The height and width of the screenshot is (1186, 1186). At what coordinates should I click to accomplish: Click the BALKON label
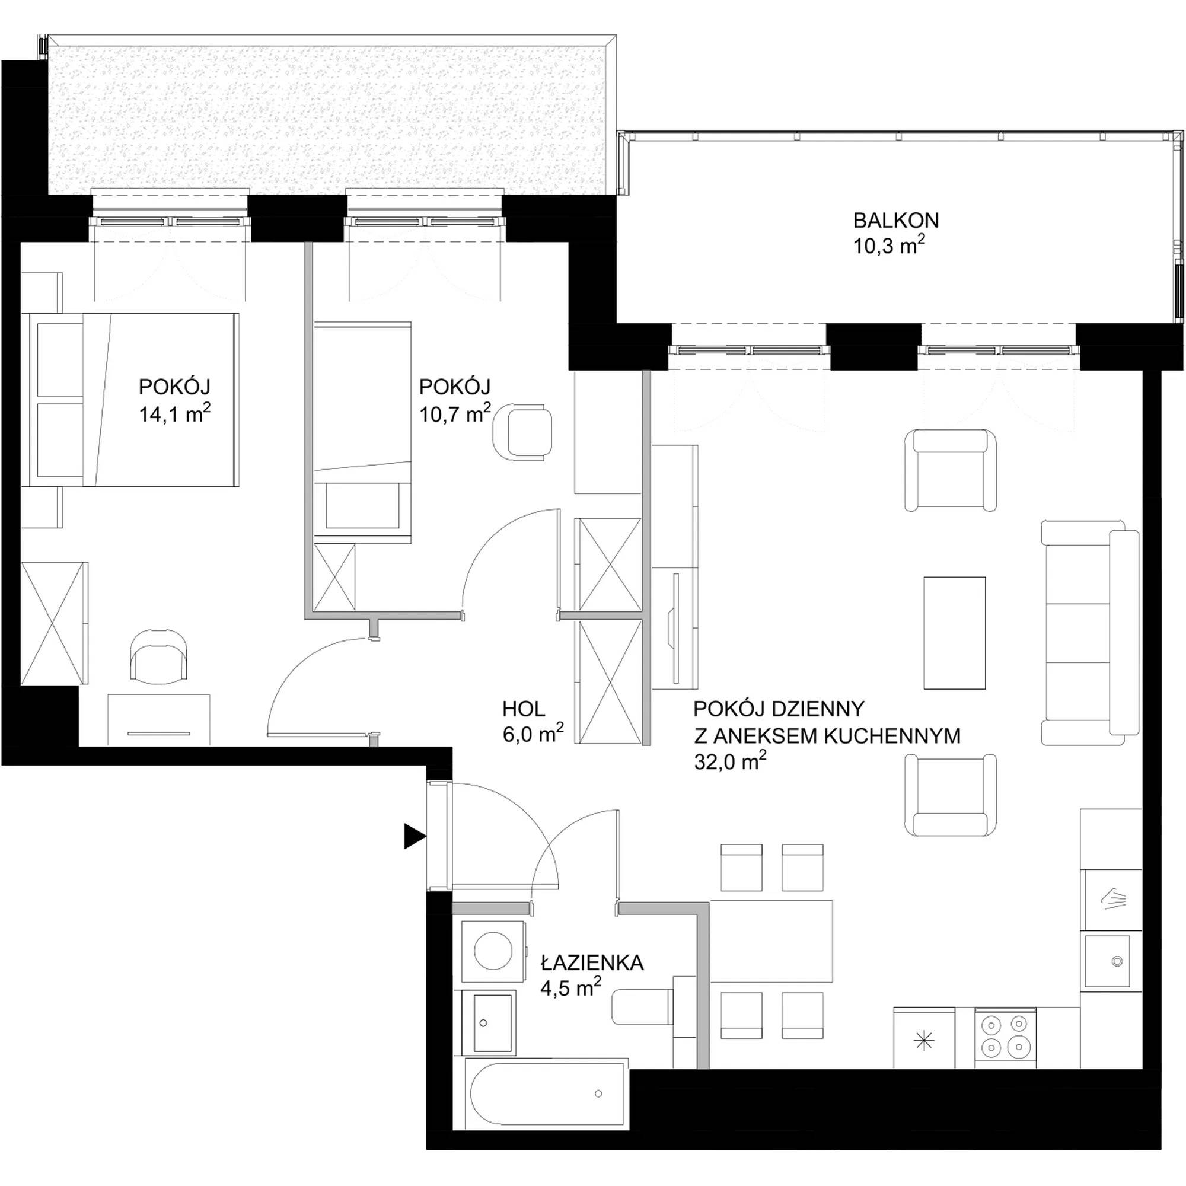(895, 219)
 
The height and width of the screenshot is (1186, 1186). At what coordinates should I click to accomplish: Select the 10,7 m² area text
(455, 413)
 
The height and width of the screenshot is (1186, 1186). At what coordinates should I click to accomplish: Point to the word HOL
(524, 709)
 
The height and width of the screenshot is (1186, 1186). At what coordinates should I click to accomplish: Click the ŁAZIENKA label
(592, 962)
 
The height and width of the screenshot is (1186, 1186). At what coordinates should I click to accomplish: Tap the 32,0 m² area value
(731, 761)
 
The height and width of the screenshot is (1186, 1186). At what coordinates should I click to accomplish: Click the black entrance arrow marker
(415, 836)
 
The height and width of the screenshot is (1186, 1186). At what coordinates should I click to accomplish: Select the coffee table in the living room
(955, 633)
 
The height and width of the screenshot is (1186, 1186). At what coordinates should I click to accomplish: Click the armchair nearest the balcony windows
(950, 470)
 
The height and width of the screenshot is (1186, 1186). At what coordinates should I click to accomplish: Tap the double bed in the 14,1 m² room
(130, 400)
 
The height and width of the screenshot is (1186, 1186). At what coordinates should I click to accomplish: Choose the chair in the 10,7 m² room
(522, 432)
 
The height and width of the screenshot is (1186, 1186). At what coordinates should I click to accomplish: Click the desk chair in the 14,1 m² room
(159, 656)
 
